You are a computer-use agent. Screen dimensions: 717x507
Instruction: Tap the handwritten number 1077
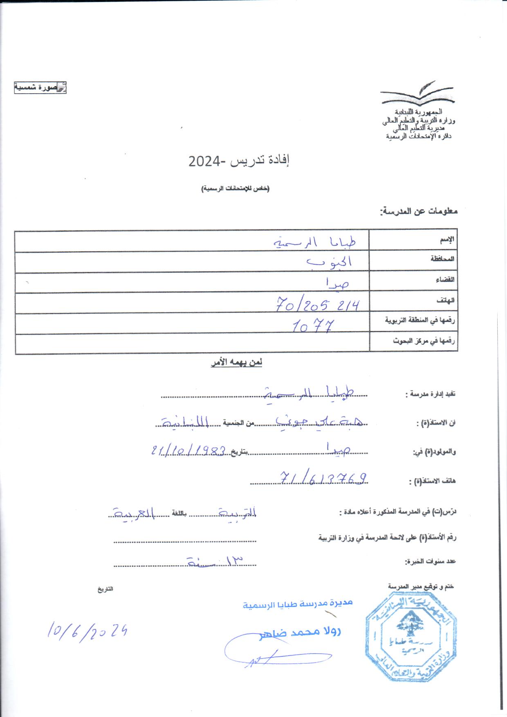click(x=314, y=326)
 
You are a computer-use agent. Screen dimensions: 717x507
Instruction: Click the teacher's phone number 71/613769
click(x=323, y=477)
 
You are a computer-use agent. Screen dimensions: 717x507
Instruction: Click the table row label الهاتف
click(x=447, y=300)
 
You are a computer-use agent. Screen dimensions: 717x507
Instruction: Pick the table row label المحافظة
click(x=443, y=259)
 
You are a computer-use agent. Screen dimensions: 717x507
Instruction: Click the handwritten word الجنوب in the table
click(x=331, y=261)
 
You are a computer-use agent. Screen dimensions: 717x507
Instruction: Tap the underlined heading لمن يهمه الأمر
click(x=236, y=363)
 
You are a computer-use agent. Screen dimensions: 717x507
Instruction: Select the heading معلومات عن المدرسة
click(x=419, y=211)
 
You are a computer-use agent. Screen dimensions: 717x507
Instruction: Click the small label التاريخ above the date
click(x=105, y=590)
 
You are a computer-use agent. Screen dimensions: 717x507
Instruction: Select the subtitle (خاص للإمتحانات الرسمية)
click(x=236, y=189)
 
